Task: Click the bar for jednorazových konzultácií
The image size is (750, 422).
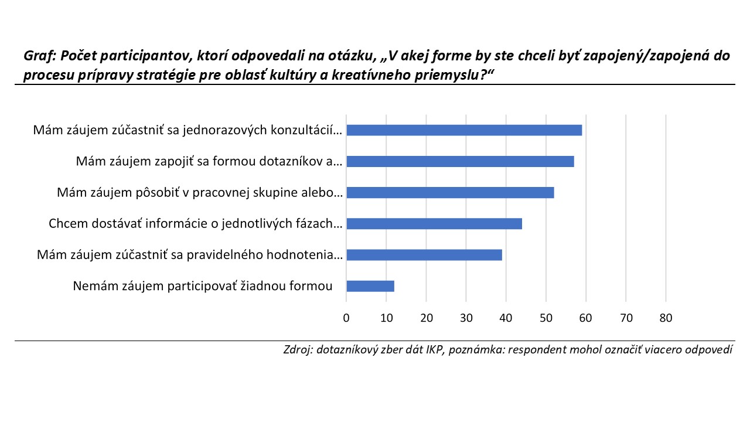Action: [464, 130]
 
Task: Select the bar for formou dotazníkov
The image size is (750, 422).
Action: [460, 161]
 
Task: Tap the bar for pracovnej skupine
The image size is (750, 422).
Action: [450, 193]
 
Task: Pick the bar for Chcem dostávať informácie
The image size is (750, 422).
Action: [434, 224]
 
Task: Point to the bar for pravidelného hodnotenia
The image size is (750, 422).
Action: [424, 255]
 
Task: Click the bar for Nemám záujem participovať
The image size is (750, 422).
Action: [370, 286]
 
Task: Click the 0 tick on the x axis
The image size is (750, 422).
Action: [346, 318]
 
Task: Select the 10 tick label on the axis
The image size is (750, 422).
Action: [386, 318]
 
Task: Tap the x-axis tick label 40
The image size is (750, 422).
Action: [506, 318]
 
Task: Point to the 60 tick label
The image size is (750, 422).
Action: [585, 318]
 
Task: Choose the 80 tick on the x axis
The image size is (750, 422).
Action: [666, 318]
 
